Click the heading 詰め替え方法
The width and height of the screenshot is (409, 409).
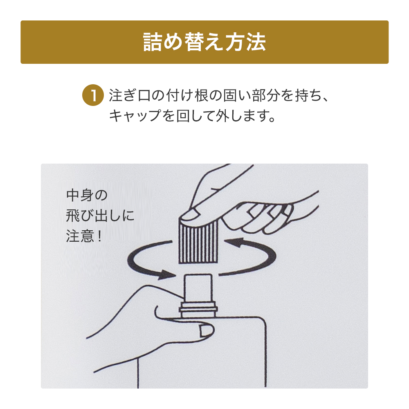click(204, 42)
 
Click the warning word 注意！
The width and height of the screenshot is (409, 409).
click(83, 237)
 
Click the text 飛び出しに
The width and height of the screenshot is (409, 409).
click(100, 216)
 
